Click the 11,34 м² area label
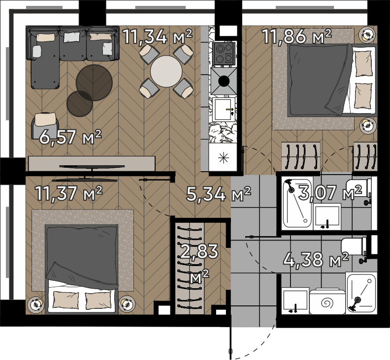pyautogui.click(x=158, y=36)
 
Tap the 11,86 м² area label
pyautogui.click(x=297, y=36)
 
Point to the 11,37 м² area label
pyautogui.click(x=68, y=193)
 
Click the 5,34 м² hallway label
pyautogui.click(x=219, y=194)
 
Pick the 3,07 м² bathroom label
pyautogui.click(x=330, y=193)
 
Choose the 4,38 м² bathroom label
pyautogui.click(x=316, y=260)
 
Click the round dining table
pyautogui.click(x=166, y=71)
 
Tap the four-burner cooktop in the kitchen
pyautogui.click(x=224, y=54)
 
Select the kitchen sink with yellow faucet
pyautogui.click(x=224, y=110)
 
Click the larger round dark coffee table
pyautogui.click(x=94, y=83)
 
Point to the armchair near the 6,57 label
pyautogui.click(x=45, y=125)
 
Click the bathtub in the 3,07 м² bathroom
pyautogui.click(x=297, y=203)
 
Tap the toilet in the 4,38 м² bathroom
pyautogui.click(x=354, y=246)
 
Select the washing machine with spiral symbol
pyautogui.click(x=327, y=301)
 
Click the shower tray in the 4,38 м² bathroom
pyautogui.click(x=361, y=293)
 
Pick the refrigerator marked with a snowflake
pyautogui.click(x=223, y=158)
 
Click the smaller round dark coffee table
pyautogui.click(x=80, y=104)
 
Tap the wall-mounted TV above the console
pyautogui.click(x=92, y=167)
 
